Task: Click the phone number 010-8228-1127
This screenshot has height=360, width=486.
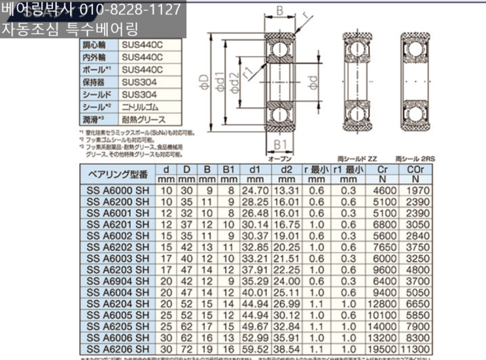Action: [x=130, y=10]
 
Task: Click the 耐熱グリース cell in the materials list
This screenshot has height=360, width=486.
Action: [x=143, y=120]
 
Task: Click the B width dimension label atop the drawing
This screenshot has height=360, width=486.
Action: [x=279, y=10]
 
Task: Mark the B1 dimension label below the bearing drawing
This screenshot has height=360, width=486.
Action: [x=279, y=144]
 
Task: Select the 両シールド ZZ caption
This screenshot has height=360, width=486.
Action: [x=358, y=159]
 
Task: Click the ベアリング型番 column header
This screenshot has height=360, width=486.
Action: [x=118, y=173]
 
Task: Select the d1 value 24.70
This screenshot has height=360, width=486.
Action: [x=255, y=190]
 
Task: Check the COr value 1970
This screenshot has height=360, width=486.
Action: [x=416, y=190]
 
